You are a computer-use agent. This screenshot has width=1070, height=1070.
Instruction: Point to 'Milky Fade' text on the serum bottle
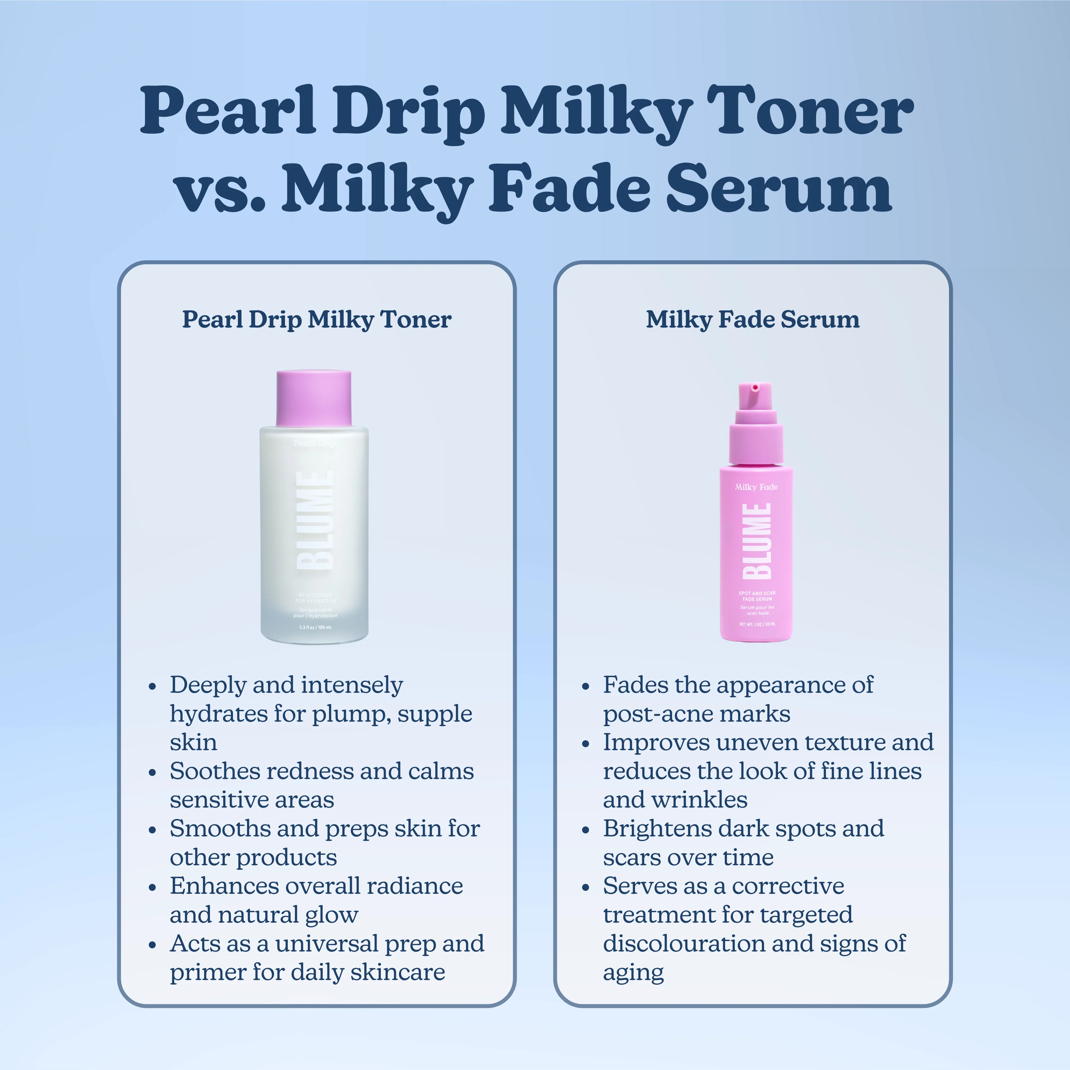pos(756,487)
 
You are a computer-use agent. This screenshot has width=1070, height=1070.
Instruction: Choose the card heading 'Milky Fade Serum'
pos(753,320)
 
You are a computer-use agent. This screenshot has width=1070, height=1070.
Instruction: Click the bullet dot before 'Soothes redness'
pos(152,773)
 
